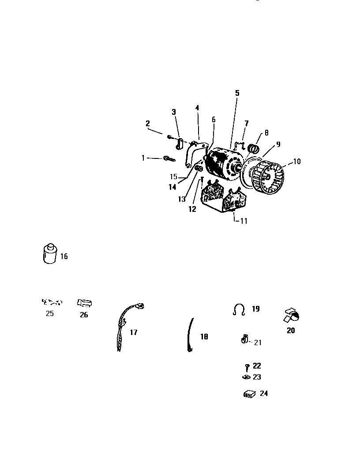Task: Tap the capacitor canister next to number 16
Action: coord(50,254)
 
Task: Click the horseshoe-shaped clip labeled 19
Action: coord(239,310)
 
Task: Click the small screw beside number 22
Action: coord(247,366)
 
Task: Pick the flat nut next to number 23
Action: coord(246,377)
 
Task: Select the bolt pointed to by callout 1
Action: coord(169,158)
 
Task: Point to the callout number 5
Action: coord(237,93)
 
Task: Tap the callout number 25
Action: coord(50,314)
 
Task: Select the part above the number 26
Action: coord(84,303)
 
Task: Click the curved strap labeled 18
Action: coord(191,335)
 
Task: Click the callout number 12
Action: coord(192,210)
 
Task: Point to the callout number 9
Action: coord(278,144)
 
